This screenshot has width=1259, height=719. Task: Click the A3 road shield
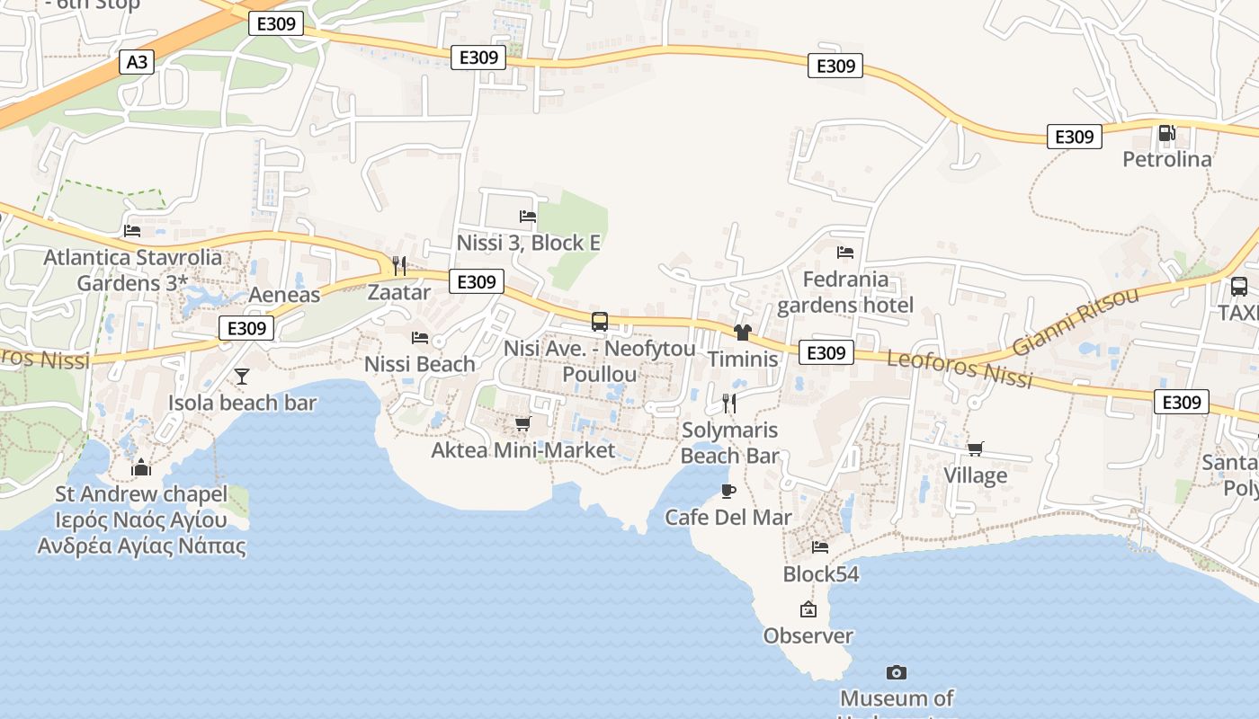[137, 62]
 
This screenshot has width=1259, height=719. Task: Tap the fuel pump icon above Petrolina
[1166, 134]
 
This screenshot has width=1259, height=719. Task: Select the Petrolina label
[1166, 159]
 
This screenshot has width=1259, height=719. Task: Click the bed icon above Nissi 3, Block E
[528, 217]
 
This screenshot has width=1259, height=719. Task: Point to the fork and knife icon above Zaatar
[399, 265]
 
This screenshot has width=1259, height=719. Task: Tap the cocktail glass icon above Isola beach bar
[242, 376]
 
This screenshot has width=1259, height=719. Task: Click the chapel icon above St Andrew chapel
[140, 467]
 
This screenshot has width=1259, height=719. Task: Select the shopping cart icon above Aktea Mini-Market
[522, 423]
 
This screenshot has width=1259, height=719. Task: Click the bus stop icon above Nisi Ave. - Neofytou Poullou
[600, 322]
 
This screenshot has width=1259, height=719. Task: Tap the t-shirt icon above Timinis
[742, 333]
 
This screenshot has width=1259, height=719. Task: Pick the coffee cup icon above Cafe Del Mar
[728, 491]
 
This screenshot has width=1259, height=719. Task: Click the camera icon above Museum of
[896, 672]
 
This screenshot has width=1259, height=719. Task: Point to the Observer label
[808, 635]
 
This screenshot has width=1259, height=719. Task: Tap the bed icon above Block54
[820, 546]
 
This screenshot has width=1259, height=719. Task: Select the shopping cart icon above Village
[975, 448]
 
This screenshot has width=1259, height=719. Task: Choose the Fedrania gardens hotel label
[845, 292]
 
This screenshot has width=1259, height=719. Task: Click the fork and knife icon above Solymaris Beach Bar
[729, 403]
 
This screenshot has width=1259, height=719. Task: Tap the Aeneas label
[284, 295]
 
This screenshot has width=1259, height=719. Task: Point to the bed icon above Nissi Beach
[420, 338]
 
